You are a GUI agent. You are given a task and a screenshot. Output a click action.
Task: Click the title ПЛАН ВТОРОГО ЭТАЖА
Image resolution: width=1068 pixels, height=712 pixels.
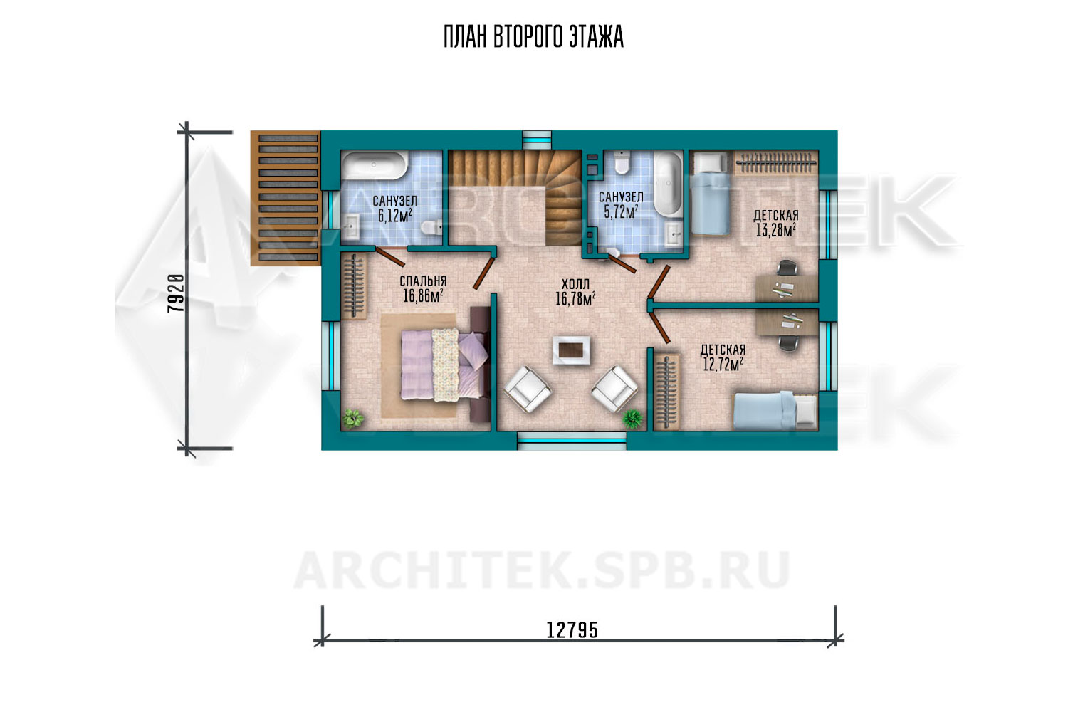(533, 37)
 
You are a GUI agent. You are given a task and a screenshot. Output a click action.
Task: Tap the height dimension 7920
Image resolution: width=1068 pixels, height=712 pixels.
(175, 293)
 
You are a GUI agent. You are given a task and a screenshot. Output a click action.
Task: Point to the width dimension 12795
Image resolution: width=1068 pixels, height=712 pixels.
(572, 630)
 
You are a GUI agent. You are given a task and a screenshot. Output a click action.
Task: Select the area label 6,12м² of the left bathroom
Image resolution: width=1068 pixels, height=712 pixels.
(395, 216)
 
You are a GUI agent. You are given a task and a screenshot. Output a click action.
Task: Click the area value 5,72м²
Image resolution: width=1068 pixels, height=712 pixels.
(621, 211)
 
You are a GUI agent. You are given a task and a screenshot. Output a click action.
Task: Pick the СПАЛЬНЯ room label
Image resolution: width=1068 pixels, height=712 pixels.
(423, 281)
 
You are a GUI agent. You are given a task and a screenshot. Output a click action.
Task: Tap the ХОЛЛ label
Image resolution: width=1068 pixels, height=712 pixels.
(575, 284)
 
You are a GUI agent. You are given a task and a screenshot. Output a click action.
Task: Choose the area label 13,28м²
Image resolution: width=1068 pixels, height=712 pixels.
(776, 231)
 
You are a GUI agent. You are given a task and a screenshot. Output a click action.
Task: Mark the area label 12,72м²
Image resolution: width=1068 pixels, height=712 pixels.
(723, 365)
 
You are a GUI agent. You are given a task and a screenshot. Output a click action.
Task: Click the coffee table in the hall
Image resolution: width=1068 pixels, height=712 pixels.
(571, 351)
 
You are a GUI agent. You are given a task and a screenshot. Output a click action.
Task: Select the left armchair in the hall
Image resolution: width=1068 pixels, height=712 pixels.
(528, 388)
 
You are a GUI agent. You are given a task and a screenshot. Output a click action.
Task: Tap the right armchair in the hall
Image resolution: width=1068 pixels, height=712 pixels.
(614, 388)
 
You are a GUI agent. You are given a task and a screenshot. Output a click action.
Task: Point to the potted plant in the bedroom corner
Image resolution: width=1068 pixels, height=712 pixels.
(353, 418)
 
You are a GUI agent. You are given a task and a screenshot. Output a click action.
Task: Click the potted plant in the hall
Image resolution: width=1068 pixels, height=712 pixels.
(632, 418)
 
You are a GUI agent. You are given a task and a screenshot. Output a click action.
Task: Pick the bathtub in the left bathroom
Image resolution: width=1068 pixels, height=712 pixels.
(375, 165)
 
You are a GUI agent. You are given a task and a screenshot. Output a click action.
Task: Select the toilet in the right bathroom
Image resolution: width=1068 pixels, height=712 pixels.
(622, 162)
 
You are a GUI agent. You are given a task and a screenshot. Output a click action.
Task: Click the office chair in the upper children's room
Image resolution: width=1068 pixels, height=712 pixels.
(787, 268)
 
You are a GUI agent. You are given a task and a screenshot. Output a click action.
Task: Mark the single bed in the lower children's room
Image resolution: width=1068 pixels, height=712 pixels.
(775, 411)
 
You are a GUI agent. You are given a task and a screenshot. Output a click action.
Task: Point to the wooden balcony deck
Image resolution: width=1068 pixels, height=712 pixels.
(286, 198)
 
